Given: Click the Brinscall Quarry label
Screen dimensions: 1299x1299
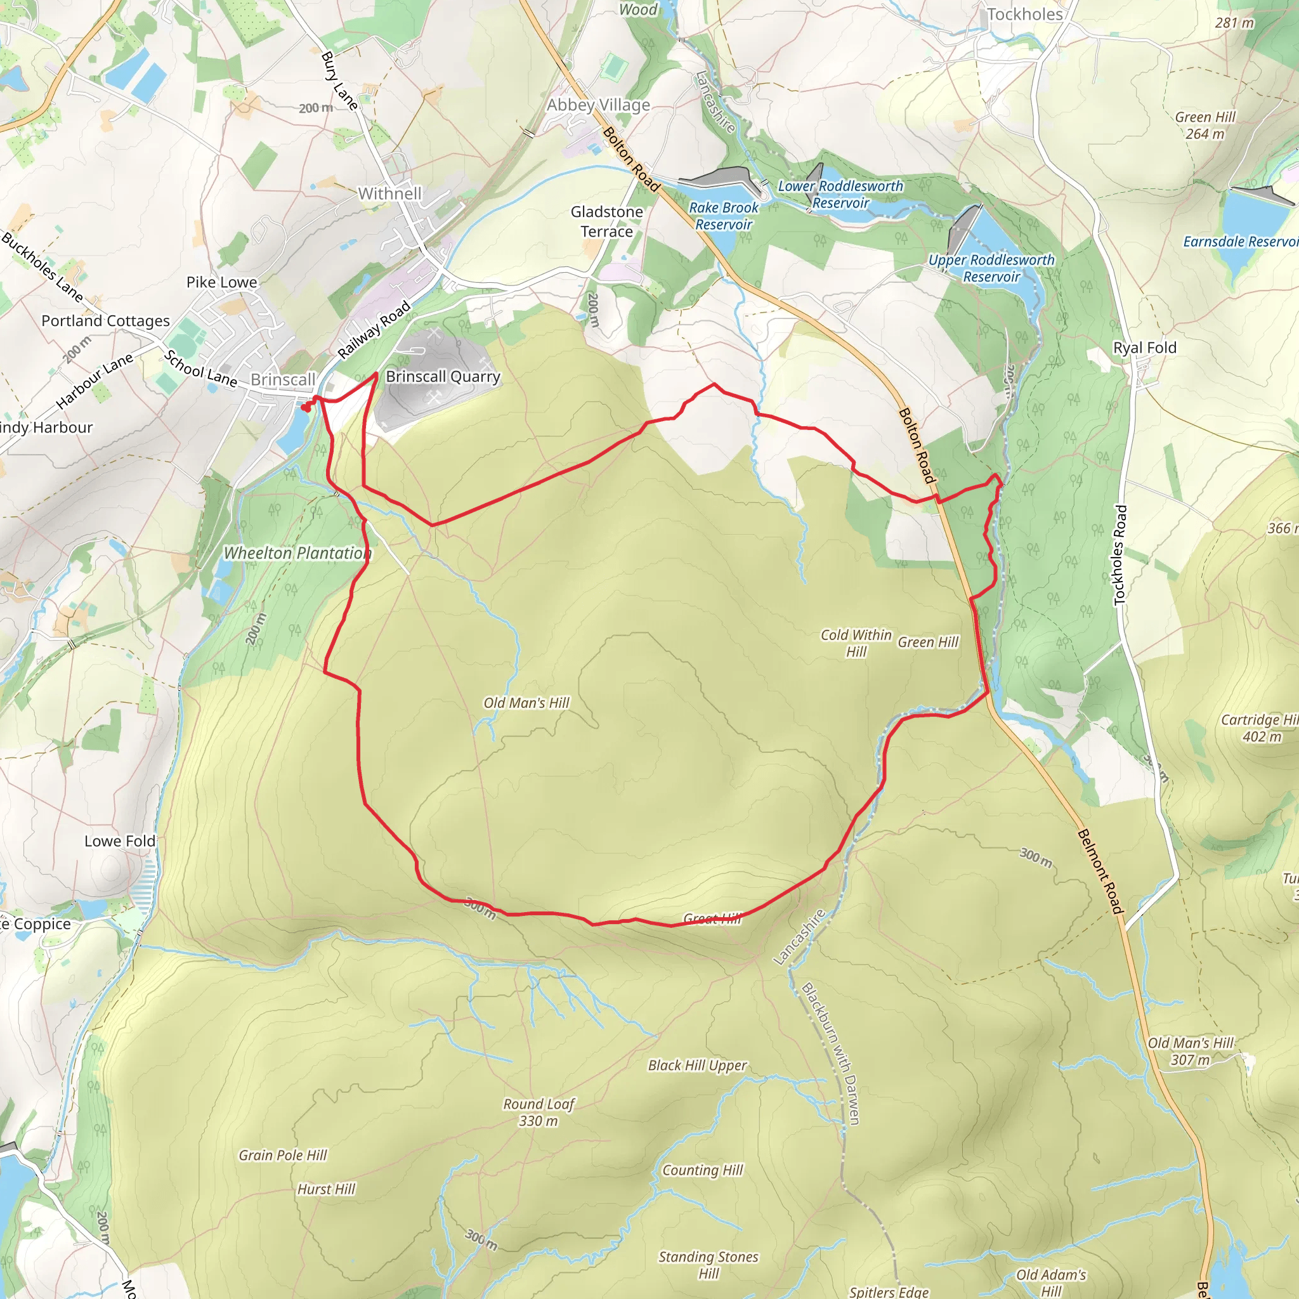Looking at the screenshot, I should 443,377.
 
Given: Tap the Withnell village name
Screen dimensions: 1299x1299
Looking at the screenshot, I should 389,193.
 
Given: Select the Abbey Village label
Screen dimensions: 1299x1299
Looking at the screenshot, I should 597,105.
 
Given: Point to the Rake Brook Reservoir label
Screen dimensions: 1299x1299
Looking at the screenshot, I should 724,216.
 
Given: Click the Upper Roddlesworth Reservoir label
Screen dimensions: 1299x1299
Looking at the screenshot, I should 991,268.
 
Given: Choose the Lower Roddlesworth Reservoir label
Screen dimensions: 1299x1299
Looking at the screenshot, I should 840,194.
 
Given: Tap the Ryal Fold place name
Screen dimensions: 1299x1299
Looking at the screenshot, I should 1144,348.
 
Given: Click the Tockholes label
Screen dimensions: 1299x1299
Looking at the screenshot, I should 1025,14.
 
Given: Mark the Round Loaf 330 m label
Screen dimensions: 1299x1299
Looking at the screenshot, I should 539,1112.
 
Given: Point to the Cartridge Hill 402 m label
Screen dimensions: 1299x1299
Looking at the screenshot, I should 1262,728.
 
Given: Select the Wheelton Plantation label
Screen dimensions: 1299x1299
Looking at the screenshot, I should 297,553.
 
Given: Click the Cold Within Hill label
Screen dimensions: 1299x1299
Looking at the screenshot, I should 856,643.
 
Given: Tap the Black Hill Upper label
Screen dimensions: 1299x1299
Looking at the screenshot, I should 697,1066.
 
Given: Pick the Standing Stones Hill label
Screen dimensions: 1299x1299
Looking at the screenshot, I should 708,1265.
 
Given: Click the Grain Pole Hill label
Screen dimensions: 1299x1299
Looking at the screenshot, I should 282,1155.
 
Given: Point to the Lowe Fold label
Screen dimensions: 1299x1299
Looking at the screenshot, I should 120,841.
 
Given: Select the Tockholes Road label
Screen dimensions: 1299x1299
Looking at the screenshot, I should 1119,555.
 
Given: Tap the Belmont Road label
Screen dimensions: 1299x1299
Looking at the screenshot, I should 1100,871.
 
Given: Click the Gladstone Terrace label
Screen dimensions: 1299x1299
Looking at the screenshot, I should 606,221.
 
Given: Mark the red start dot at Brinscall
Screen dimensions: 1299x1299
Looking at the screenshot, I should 305,408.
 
